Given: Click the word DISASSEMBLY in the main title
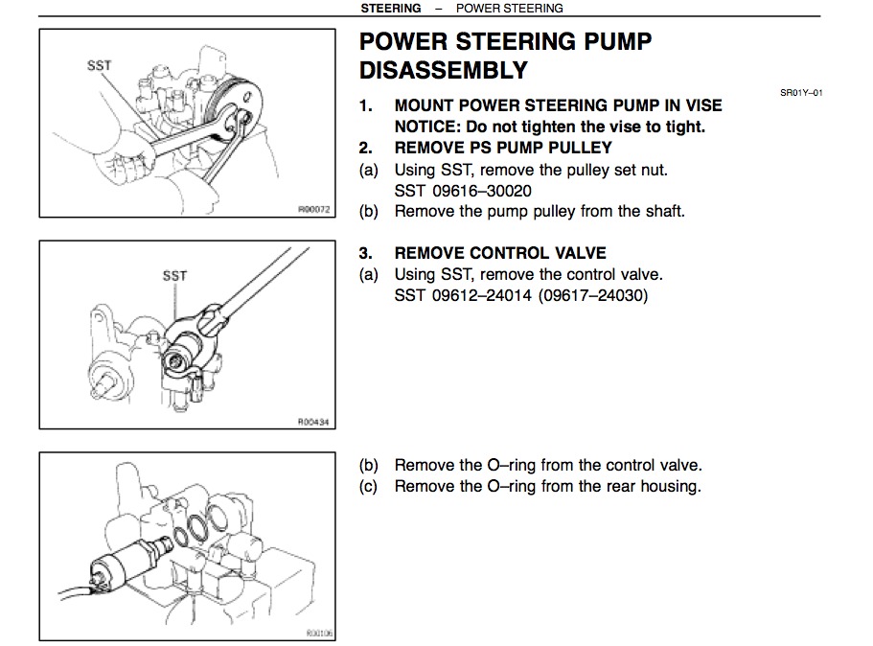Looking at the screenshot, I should [443, 70].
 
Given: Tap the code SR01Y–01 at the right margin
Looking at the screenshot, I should [801, 93].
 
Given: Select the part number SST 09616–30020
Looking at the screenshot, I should [463, 191].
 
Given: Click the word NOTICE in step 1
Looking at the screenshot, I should [427, 127].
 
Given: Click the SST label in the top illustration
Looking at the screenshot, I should [99, 65].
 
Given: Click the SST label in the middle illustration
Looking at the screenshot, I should [174, 275].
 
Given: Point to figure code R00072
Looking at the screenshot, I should [312, 207].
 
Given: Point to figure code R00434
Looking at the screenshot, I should [312, 421].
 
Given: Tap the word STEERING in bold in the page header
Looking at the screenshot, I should [390, 8].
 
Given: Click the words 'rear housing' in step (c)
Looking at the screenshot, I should [651, 486].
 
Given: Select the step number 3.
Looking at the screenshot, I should [365, 253].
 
